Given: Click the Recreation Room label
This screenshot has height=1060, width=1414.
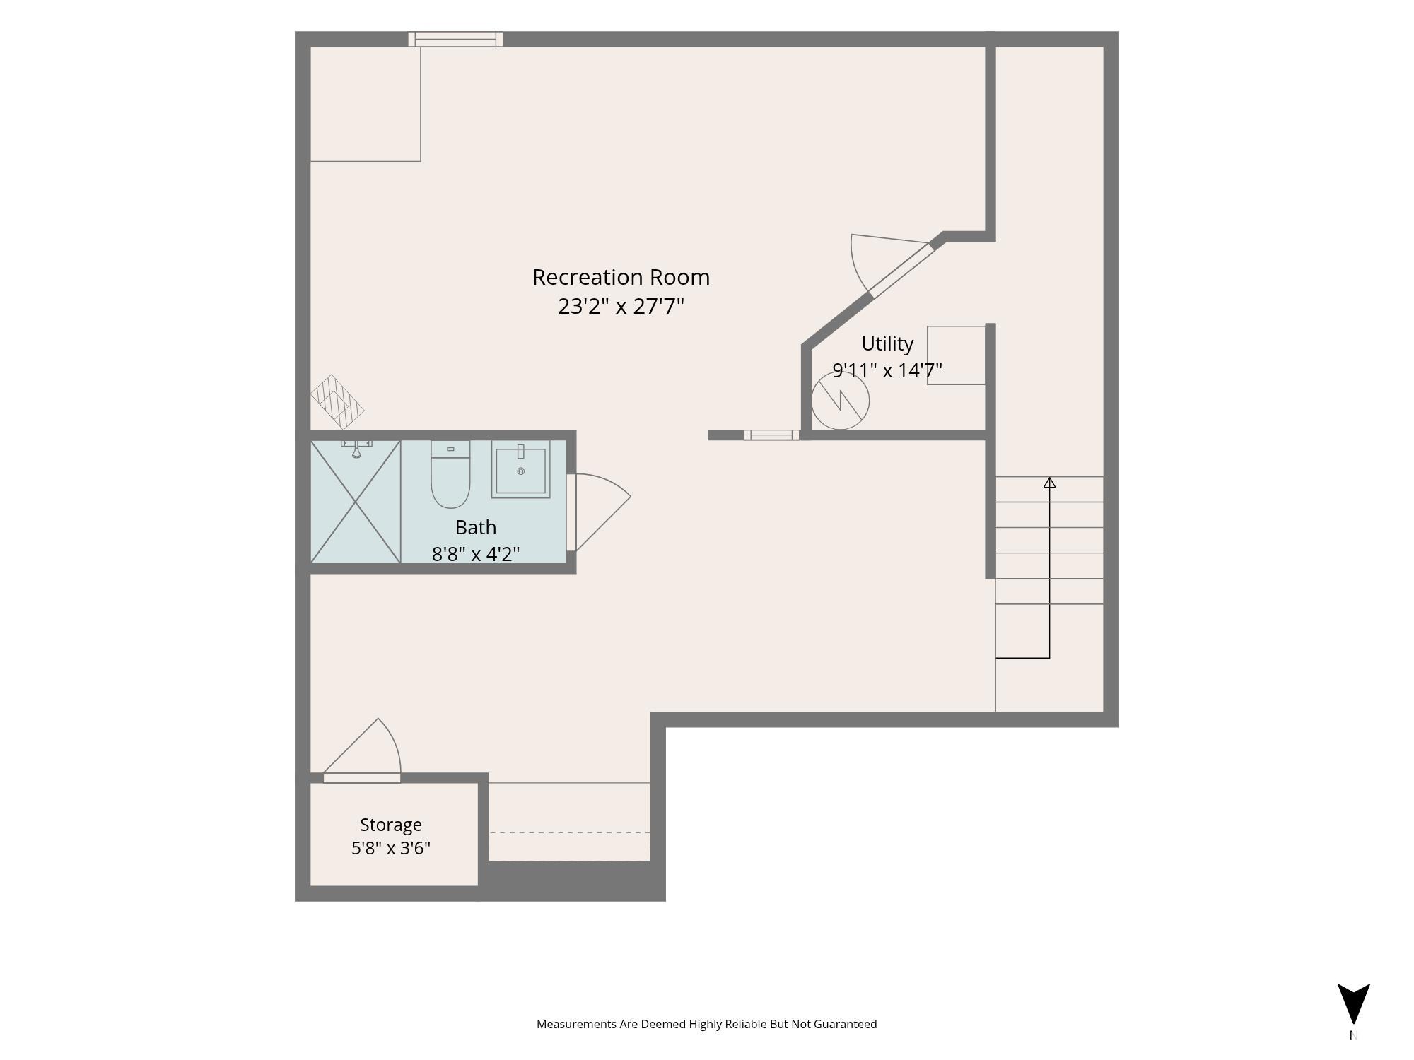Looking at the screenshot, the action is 621,277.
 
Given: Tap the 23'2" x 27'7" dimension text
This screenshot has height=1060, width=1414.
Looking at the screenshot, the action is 621,306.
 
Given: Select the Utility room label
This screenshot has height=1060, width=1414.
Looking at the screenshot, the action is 887,344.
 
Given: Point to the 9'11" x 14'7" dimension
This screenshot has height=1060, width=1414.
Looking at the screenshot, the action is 887,370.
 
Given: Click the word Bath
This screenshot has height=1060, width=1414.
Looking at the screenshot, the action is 476,527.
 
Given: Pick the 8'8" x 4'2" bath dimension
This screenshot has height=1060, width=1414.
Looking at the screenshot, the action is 476,553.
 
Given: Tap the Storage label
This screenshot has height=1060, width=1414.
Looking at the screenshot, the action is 391,825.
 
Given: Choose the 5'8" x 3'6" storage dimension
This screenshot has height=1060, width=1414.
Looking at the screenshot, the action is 391,848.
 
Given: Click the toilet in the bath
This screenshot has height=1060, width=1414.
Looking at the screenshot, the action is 450,474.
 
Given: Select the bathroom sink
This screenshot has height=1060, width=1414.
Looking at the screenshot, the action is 521,469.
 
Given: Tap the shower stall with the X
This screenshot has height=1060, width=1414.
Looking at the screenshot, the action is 356,502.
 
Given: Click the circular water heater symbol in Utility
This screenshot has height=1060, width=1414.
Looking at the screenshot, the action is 840,401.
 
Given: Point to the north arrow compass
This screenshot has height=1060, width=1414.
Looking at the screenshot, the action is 1353,1003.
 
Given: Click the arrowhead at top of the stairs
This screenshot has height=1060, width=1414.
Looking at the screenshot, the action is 1050,483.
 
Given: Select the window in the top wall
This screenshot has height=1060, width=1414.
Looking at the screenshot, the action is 455,39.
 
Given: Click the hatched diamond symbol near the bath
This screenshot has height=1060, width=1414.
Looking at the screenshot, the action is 337,401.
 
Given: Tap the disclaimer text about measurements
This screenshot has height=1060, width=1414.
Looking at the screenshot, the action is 706,1024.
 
